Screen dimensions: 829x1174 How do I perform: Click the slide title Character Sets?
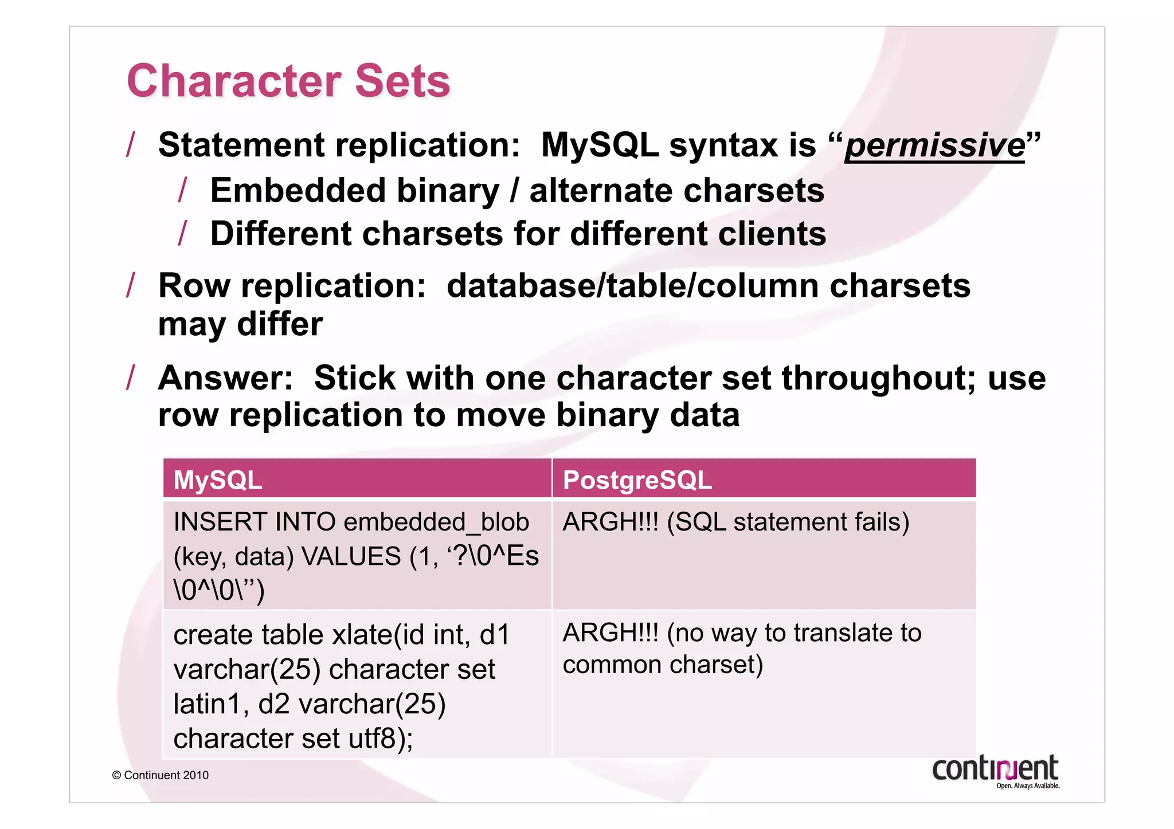click(x=288, y=81)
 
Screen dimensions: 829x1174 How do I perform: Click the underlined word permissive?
click(x=934, y=146)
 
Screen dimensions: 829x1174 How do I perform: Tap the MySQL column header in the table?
click(x=218, y=480)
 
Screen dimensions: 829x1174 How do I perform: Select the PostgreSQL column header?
click(x=637, y=480)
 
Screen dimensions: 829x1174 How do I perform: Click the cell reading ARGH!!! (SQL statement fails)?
click(x=735, y=522)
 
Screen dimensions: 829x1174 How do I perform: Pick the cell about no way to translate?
click(x=742, y=649)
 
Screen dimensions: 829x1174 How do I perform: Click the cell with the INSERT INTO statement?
click(x=355, y=555)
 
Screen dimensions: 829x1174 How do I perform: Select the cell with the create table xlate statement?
click(x=341, y=686)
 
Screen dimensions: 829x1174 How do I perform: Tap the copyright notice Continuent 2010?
click(x=161, y=775)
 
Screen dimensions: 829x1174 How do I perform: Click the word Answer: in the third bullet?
click(x=225, y=379)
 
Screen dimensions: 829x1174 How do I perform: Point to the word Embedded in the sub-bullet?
click(x=298, y=191)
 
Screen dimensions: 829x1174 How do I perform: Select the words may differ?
click(x=240, y=325)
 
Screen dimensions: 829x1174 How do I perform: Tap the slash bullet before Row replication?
click(x=131, y=285)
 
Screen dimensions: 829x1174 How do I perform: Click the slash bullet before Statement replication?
click(x=131, y=144)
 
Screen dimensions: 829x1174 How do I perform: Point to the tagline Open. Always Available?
click(x=1027, y=786)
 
